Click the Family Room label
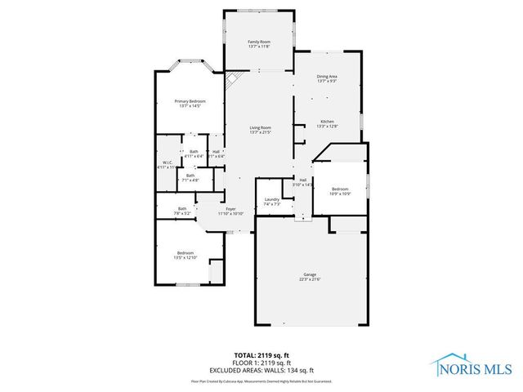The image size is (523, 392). (259, 42)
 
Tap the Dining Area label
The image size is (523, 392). (327, 77)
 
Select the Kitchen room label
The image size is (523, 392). (327, 121)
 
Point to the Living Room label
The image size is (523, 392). (260, 127)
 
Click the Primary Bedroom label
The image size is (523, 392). (189, 101)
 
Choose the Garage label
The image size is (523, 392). (310, 274)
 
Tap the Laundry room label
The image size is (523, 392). (272, 199)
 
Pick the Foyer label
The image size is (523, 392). (231, 208)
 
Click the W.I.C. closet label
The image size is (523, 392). (168, 162)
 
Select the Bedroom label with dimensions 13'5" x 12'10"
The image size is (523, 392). (186, 252)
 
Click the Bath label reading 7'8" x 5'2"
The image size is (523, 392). (181, 208)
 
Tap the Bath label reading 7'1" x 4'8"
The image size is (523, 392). (190, 175)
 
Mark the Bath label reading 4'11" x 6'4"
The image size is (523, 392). (194, 151)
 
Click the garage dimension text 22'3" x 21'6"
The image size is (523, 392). (310, 279)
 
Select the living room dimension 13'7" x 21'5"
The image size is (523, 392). (260, 132)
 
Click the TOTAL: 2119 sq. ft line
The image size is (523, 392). (261, 355)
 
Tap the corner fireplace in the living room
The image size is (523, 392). (232, 80)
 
